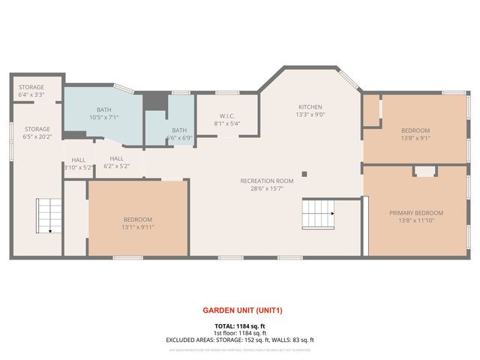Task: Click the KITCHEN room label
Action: point(310,111)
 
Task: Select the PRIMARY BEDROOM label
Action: point(415,216)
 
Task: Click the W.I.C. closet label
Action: point(226,119)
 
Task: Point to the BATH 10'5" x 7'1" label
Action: point(103,113)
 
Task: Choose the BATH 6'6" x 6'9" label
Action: point(178,133)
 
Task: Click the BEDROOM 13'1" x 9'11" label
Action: point(137,223)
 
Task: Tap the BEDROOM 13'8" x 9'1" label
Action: point(415,134)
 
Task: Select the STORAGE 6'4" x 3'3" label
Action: point(31,91)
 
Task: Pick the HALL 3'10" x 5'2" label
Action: point(78,163)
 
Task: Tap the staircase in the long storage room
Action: point(49,216)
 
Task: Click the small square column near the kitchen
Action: point(304,174)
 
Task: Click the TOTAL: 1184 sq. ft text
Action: point(240,326)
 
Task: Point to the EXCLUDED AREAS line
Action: point(240,340)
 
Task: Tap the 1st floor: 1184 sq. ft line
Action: point(240,333)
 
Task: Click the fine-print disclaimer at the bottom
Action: point(240,349)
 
